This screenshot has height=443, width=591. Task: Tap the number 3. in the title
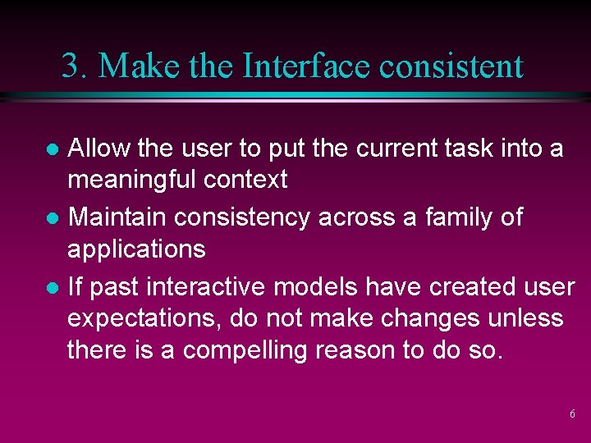pos(75,66)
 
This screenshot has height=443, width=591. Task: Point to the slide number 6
pos(572,414)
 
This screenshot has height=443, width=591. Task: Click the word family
pos(451,217)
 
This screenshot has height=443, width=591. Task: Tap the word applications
pos(136,249)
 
